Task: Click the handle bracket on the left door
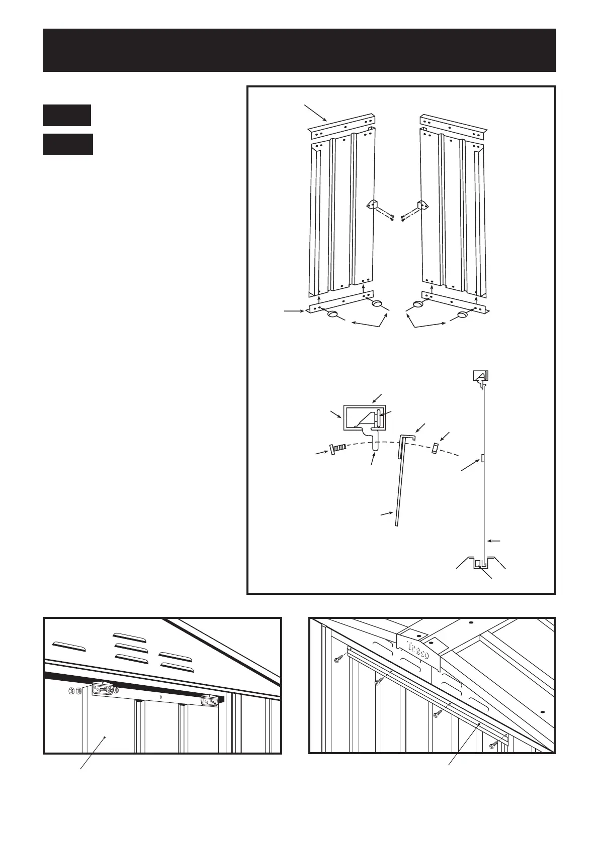pyautogui.click(x=373, y=205)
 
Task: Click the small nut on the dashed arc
pyautogui.click(x=436, y=447)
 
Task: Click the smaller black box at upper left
pyautogui.click(x=66, y=115)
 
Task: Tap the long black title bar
pyautogui.click(x=299, y=50)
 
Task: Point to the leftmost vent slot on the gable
pyautogui.click(x=68, y=645)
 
